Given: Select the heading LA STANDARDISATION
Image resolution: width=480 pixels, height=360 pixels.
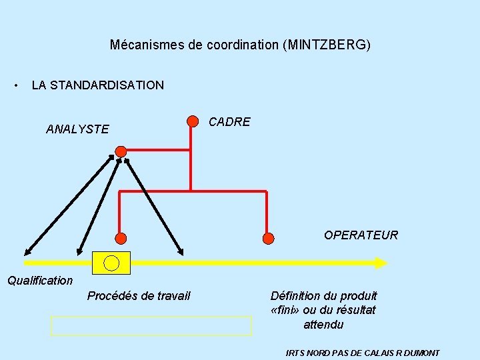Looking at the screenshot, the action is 97,85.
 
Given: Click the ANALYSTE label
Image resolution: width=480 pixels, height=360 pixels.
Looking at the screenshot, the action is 77,129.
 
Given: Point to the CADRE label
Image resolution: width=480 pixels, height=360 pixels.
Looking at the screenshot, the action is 229,122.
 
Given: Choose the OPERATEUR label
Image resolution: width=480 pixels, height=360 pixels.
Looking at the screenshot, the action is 361,235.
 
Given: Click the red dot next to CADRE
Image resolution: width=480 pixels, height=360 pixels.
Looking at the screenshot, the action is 193,121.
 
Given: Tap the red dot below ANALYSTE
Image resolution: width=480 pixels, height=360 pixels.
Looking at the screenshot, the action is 121,151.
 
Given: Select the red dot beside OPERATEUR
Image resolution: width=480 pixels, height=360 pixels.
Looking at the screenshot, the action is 268,238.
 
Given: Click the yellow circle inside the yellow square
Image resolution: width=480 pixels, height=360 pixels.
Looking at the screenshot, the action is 111,263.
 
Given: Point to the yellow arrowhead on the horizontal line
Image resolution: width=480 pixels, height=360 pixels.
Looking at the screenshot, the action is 381,263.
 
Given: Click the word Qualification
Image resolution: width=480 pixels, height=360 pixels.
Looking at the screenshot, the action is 40,281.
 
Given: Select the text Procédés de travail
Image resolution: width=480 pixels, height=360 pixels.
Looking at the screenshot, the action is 139,295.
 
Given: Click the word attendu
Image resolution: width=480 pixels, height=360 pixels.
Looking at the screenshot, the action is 323,325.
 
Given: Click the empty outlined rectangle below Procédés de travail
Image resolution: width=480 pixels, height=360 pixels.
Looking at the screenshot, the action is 151,326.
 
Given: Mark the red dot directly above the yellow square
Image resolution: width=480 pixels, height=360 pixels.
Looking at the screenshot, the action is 121,238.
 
